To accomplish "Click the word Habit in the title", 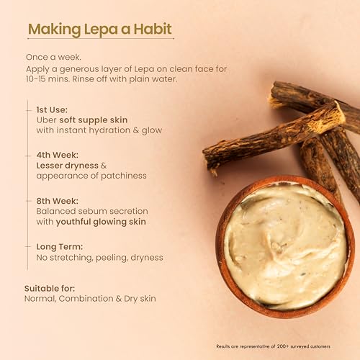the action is click(x=153, y=29).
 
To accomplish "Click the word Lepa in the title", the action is click(x=101, y=30).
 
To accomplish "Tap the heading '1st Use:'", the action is click(x=52, y=109).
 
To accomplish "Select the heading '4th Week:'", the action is click(x=58, y=155).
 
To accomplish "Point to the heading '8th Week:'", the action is click(x=58, y=201).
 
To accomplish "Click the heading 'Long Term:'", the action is click(x=60, y=247).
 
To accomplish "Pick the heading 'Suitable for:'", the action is click(x=50, y=289).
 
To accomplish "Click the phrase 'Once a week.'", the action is click(x=53, y=57).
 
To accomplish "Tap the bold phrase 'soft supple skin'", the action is click(x=94, y=120).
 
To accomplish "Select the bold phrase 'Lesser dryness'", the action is click(x=68, y=166).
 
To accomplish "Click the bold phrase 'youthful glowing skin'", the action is click(x=101, y=222).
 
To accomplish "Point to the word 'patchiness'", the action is click(x=124, y=176).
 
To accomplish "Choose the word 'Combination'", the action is click(x=86, y=299).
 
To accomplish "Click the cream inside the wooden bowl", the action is click(x=286, y=247).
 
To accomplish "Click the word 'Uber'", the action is click(x=47, y=120).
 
